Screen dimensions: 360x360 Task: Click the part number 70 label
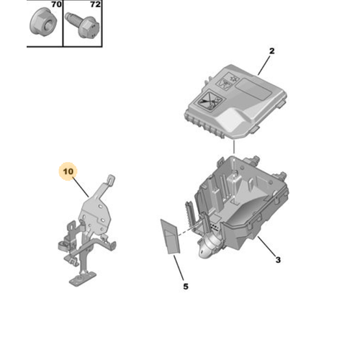point(57,4)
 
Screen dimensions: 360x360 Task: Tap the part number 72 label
point(96,4)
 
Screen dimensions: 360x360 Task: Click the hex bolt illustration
point(83,25)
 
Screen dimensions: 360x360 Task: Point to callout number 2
point(271,51)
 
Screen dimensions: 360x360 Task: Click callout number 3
point(278,260)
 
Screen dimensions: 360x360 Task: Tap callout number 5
point(186,287)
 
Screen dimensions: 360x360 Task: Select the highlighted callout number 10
point(68,171)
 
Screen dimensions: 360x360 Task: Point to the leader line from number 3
point(266,246)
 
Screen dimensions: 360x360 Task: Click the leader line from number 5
point(179,268)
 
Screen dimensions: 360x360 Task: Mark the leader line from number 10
point(81,187)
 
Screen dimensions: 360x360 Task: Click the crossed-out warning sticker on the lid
point(209,102)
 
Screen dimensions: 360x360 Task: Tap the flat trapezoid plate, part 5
point(170,236)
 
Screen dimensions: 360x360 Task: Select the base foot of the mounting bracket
point(83,279)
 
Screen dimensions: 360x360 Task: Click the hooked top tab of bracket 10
point(110,181)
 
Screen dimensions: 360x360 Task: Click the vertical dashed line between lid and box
point(234,148)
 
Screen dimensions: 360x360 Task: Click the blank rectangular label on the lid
point(253,89)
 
